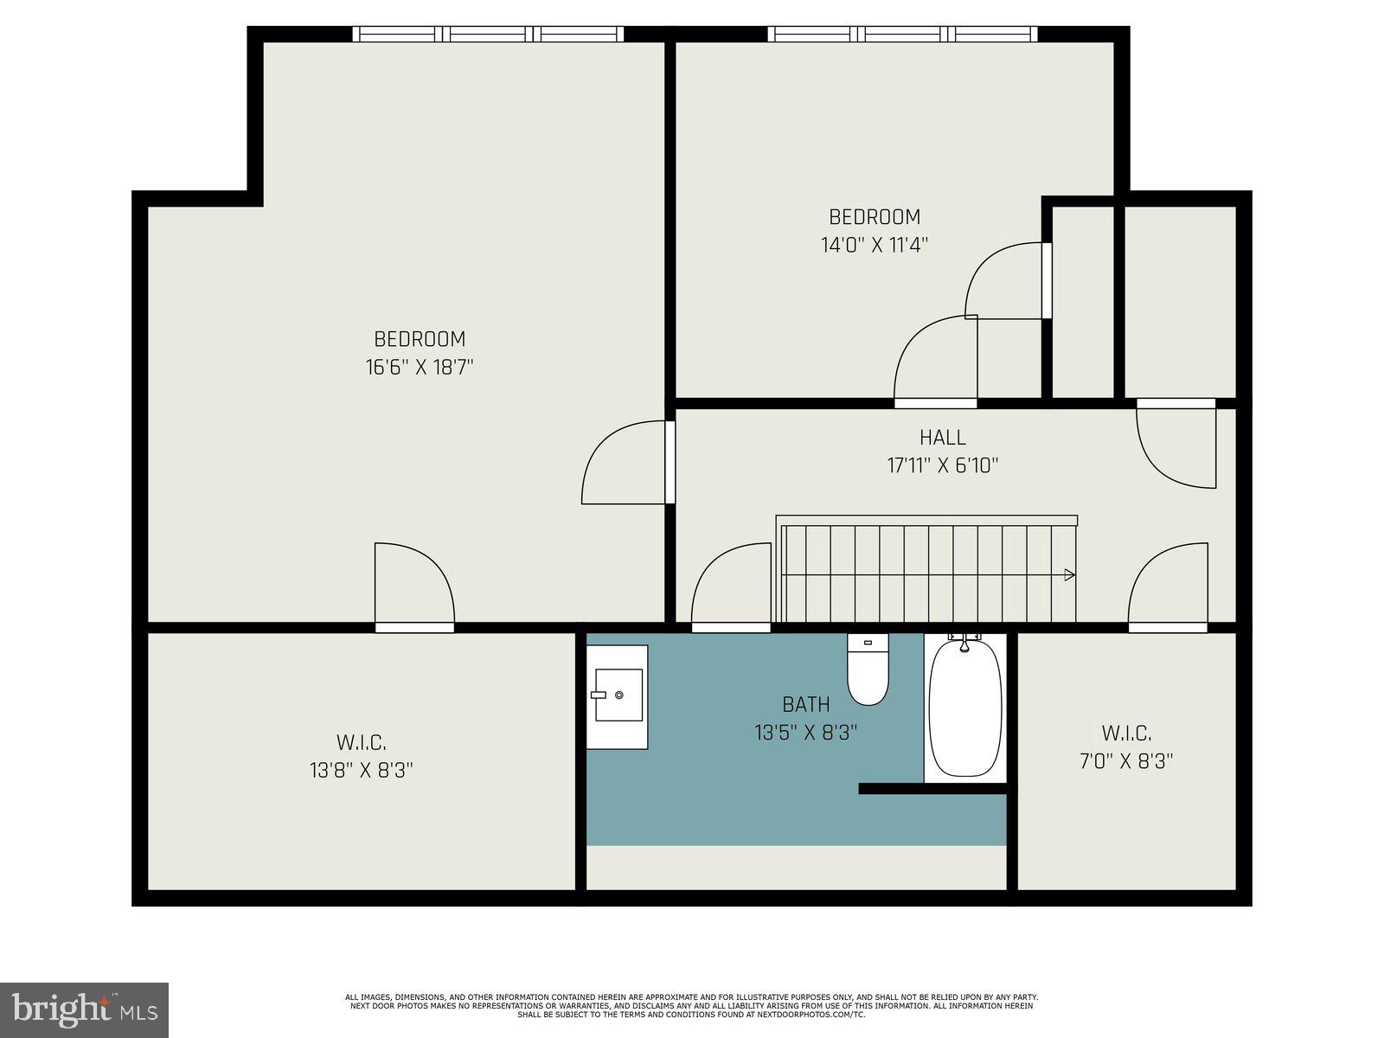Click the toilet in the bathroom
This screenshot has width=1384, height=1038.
coord(868,670)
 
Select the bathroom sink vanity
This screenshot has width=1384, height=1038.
coord(618,696)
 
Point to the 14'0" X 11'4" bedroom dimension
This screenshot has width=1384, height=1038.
coord(875,245)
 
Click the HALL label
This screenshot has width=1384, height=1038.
coord(943,438)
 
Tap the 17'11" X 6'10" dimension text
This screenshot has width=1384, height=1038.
coord(943,466)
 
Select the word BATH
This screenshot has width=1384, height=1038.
coord(806,705)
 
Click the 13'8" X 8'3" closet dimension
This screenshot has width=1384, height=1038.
coord(362,770)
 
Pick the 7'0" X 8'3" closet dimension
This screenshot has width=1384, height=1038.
coord(1126,761)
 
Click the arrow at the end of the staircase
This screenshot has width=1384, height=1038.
coord(1069,574)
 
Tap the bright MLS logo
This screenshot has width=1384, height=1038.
coord(84,1009)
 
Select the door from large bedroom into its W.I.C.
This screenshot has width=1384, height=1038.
coord(413,584)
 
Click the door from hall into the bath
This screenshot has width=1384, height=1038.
coord(731,584)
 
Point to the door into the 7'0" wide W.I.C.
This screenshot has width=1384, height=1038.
coord(1168,584)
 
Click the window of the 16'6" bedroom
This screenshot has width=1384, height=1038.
coord(489,35)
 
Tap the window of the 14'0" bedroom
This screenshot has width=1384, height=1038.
coord(902,35)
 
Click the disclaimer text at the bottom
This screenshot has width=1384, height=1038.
coord(692,1005)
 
